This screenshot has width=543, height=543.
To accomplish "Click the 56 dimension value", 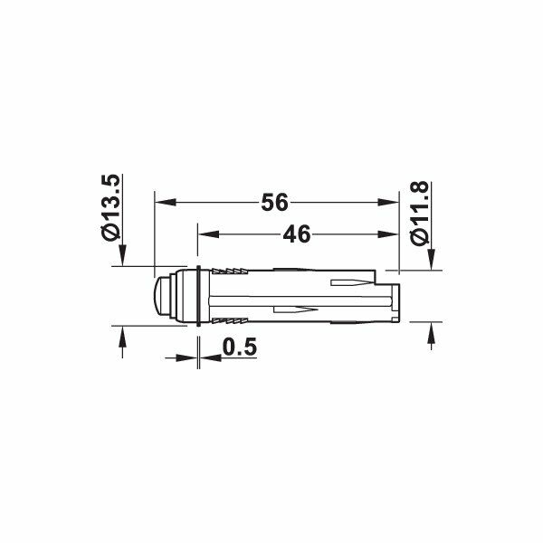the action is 274,203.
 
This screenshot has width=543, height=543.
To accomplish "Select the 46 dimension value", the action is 297,234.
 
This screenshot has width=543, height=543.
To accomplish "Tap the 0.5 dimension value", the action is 240,347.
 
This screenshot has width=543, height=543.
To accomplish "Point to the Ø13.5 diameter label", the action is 111,207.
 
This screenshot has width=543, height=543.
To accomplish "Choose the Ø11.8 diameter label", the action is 420,213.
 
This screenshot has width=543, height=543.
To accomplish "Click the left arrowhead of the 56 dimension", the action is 166,202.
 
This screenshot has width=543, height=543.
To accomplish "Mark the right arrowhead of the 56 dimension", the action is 388,202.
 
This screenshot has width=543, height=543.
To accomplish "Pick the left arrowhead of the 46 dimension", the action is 208,234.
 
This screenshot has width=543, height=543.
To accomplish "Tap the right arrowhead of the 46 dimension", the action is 388,234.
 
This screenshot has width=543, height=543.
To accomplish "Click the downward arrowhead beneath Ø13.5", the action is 122,255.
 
